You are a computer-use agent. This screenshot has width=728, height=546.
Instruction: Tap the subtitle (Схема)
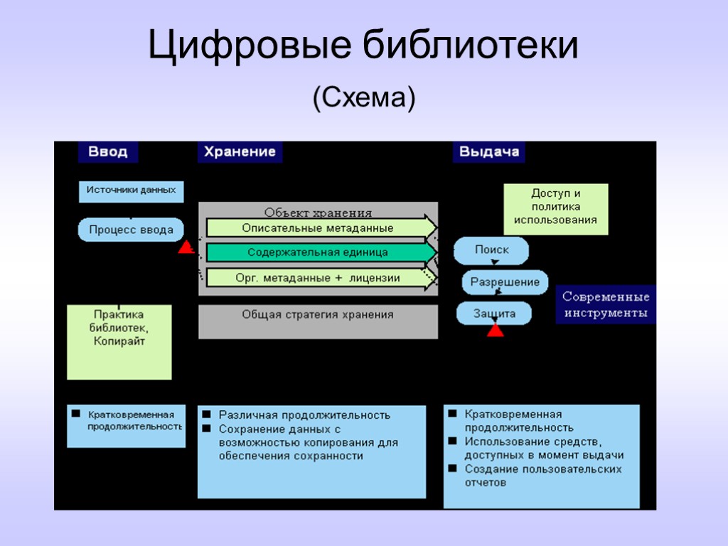(x=363, y=97)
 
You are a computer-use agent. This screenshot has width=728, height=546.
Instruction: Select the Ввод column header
(x=108, y=151)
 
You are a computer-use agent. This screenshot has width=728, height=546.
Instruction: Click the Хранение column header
(x=240, y=151)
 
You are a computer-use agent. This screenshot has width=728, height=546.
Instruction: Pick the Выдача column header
(x=489, y=151)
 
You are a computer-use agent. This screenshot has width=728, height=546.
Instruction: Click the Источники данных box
(x=132, y=191)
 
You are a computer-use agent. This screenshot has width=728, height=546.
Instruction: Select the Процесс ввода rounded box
(x=131, y=230)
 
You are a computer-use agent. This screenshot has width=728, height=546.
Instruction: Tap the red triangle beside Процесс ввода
(x=186, y=247)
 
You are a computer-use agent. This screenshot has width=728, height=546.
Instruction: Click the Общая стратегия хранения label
(x=318, y=314)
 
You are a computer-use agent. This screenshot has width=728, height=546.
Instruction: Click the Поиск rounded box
(x=492, y=250)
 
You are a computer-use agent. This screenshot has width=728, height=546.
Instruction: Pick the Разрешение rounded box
(x=505, y=282)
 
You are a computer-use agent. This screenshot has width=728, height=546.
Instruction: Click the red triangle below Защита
(x=496, y=330)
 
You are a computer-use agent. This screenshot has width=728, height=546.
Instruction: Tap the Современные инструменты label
(x=606, y=305)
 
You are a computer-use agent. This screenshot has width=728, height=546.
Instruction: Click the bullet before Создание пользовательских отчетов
(x=453, y=469)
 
